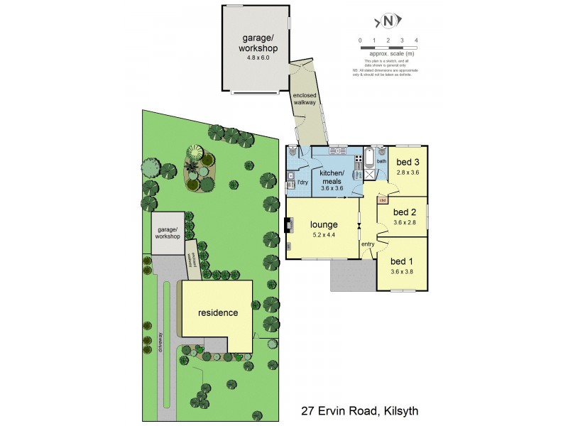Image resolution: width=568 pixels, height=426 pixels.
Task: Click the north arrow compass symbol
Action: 388,21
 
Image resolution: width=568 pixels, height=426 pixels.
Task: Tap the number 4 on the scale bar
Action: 416,40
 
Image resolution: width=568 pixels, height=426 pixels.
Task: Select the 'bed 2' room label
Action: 404,212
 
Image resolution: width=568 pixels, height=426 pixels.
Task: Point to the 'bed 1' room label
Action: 402,261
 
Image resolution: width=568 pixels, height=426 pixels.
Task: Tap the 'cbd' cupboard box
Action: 382,200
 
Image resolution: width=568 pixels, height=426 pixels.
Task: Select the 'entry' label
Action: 368,244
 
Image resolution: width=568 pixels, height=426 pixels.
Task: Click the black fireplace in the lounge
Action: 288,226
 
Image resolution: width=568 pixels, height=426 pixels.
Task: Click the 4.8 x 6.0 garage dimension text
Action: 257,58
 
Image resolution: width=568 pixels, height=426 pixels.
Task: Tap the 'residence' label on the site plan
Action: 218,312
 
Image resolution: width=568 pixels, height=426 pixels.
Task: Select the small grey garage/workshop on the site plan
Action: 168,232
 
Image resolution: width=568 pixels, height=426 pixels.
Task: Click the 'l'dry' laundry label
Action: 301,182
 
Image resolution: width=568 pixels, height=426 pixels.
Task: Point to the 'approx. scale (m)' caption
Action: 388,54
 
